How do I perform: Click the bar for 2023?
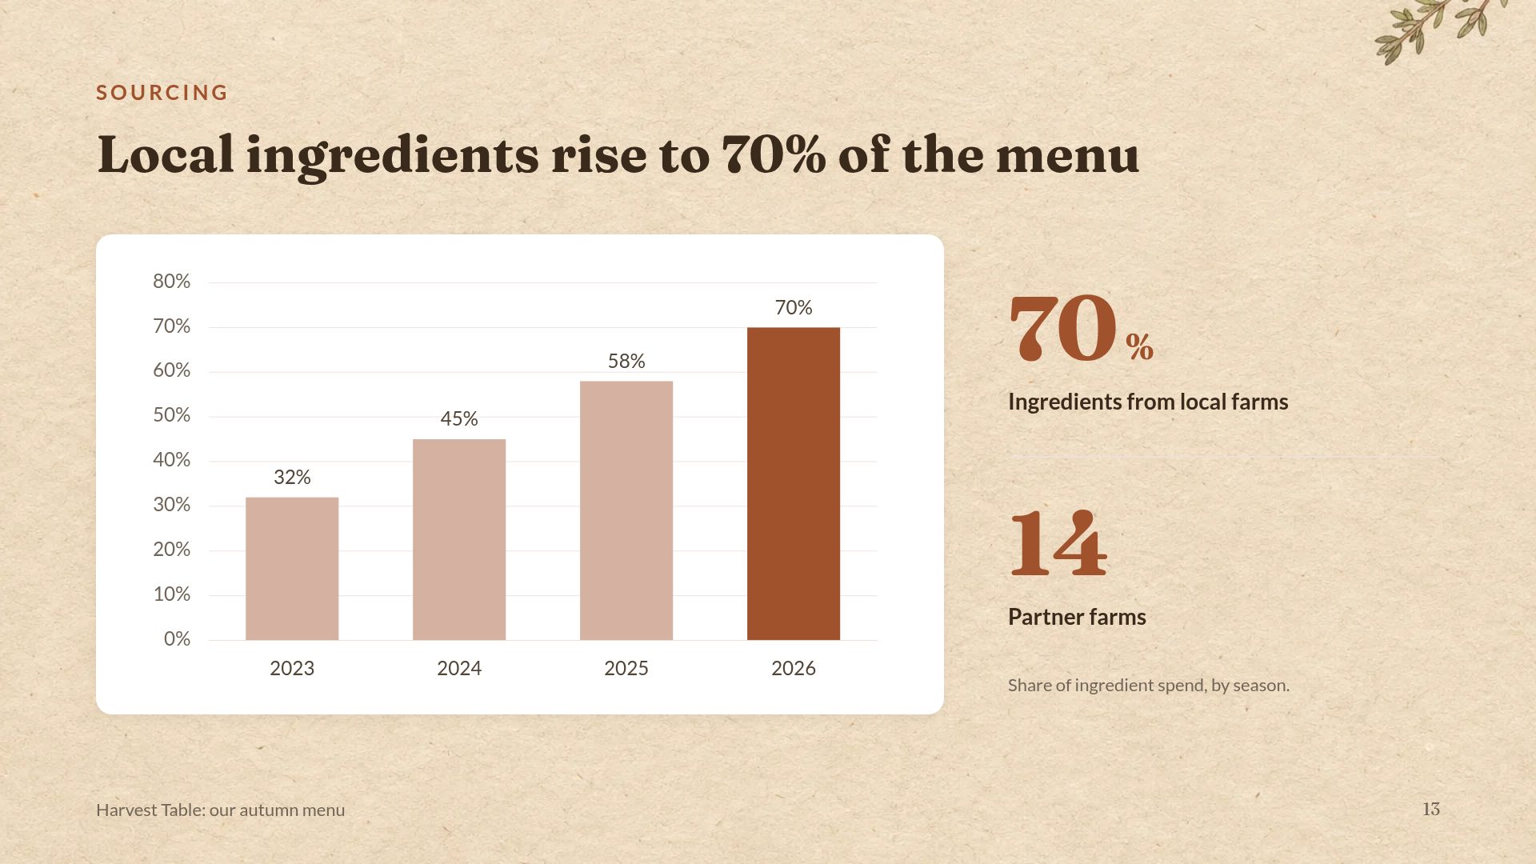click(292, 569)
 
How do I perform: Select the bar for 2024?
click(459, 540)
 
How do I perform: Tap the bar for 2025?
click(626, 510)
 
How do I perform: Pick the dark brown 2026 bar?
click(794, 484)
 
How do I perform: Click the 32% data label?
click(292, 478)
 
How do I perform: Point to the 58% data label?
click(626, 362)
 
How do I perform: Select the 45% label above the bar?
click(459, 419)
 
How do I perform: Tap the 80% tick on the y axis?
click(172, 282)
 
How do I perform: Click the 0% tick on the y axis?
click(177, 639)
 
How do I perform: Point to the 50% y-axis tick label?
click(172, 415)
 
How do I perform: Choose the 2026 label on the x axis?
click(794, 669)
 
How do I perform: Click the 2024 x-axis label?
click(459, 669)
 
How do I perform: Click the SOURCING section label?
click(162, 93)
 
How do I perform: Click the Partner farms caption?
click(1077, 617)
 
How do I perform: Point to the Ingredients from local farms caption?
click(1148, 402)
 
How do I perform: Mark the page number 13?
click(1431, 810)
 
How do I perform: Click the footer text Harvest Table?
click(150, 810)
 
